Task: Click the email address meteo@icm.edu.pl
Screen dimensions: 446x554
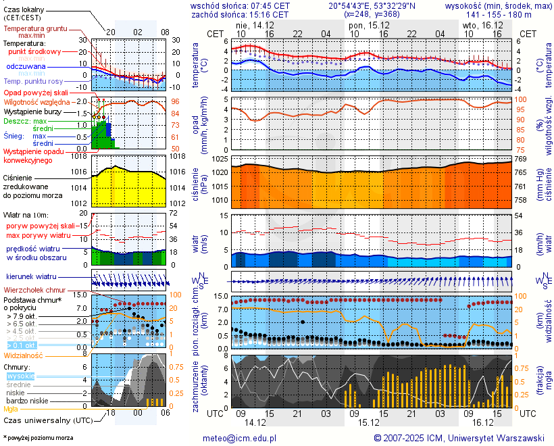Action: [x=240, y=438]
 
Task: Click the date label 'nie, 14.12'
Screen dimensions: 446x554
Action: [x=250, y=24]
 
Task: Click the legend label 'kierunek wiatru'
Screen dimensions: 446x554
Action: [x=31, y=277]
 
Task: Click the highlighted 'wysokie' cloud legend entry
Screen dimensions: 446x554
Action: [x=20, y=376]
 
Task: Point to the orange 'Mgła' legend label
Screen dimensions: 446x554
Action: [x=11, y=409]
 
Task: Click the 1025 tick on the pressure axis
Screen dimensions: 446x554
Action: [x=219, y=159]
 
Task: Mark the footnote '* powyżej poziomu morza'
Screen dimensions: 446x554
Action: [x=38, y=438]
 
